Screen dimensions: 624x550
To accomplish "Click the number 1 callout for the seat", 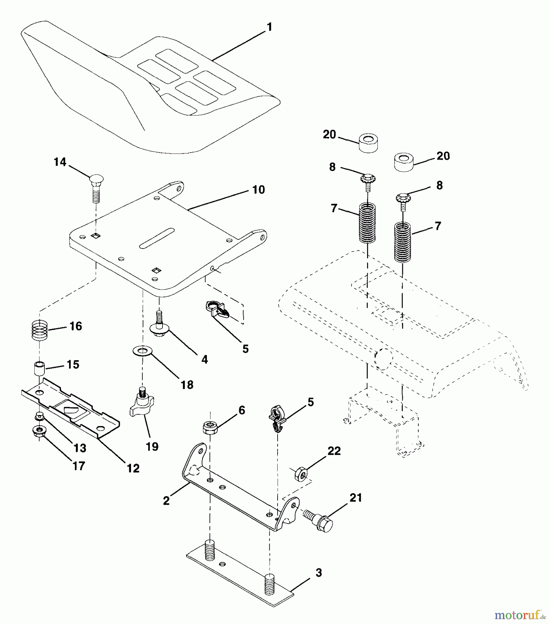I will point(269,27).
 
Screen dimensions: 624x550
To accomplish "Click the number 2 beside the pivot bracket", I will point(166,501).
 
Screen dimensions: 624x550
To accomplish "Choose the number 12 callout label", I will point(133,468).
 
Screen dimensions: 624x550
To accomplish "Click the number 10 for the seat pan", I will point(259,190).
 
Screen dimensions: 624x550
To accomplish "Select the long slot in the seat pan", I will point(156,238).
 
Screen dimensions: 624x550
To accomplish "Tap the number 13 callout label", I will point(80,448).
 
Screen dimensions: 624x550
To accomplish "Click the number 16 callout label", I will point(76,326).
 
